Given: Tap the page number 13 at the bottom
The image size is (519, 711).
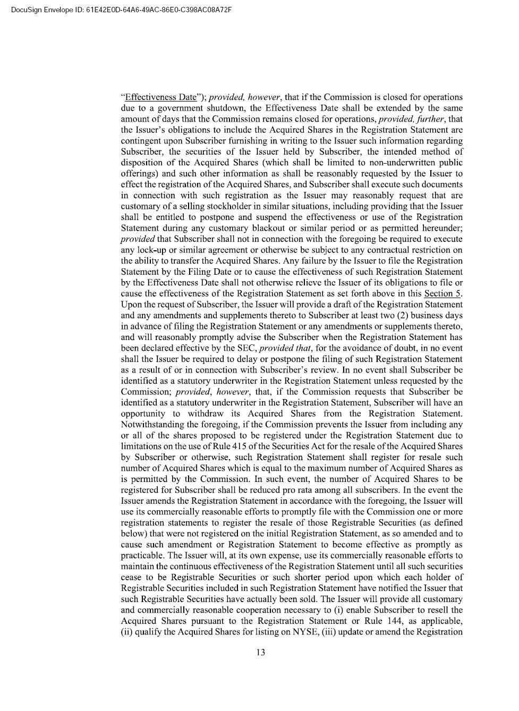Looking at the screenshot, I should point(260,653).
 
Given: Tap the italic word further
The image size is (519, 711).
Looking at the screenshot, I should point(432,119).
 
